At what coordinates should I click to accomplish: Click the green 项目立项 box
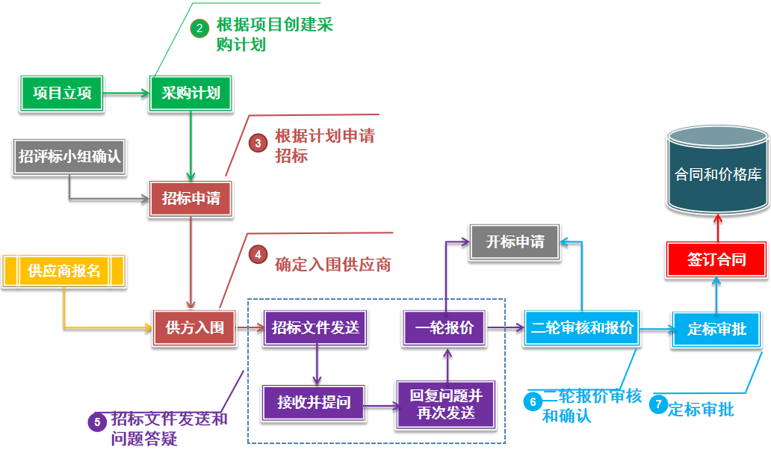point(62,93)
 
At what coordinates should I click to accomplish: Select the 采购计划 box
point(191,93)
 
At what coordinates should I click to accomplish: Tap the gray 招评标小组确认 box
point(69,157)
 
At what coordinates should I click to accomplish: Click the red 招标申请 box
point(191,199)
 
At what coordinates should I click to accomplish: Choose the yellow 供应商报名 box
point(64,271)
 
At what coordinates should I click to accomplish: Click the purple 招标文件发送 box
point(315,327)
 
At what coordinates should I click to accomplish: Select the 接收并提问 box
point(314,403)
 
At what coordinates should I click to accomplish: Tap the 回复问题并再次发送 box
point(446,404)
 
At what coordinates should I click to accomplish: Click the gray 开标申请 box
point(515,242)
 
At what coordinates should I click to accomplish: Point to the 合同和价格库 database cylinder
point(718,172)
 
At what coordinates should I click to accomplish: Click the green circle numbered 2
point(199,28)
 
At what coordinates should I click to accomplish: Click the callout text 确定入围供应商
point(333,265)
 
